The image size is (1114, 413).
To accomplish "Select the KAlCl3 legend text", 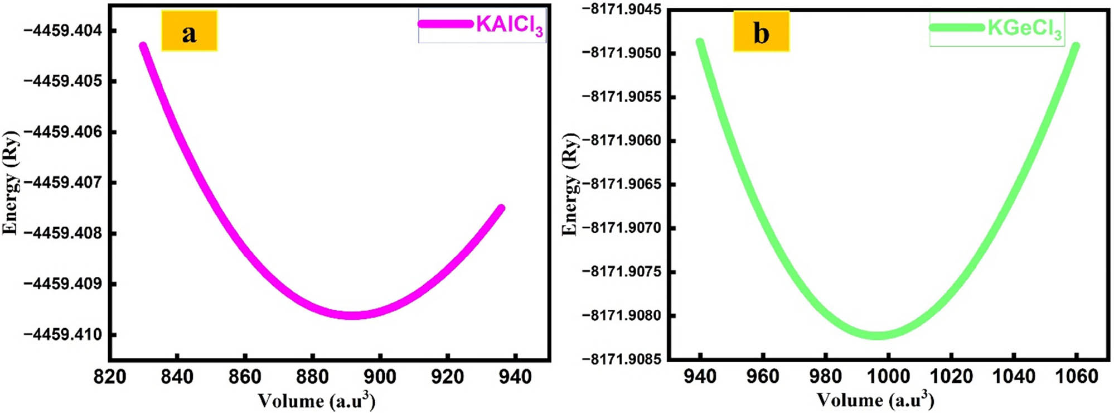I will click(509, 26).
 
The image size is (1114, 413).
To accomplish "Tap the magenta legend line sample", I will click(445, 24).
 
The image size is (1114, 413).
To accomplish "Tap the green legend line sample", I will click(957, 27).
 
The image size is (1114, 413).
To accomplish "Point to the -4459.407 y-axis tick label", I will click(62, 183).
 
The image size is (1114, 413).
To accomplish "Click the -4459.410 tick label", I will click(62, 335).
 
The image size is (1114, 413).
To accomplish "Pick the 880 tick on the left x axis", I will click(312, 377).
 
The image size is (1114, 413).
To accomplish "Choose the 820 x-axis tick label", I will click(110, 377).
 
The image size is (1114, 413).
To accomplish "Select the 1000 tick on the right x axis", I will click(888, 376).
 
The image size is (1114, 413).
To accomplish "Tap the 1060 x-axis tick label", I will click(1076, 376).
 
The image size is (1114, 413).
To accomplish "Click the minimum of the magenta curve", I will click(352, 315).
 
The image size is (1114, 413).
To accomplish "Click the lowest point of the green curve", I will click(877, 335).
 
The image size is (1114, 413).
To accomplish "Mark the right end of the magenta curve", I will click(501, 208).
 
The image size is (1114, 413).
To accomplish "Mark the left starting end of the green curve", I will click(700, 42).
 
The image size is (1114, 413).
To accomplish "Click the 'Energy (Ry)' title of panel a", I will click(11, 183).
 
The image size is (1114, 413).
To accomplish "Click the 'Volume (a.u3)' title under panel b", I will click(875, 400).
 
